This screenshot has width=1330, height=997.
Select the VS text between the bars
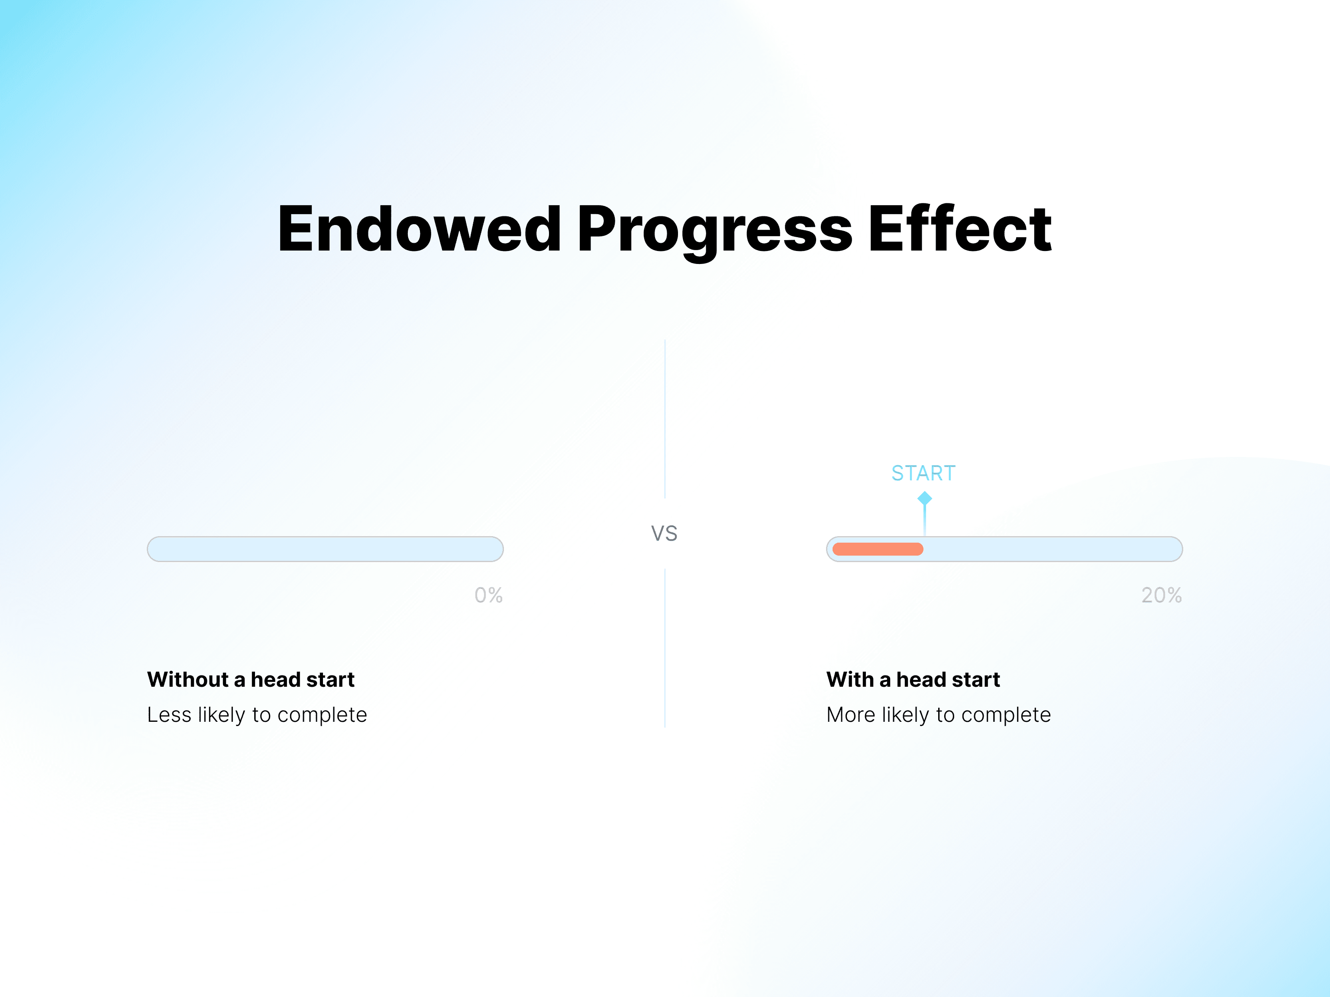point(665,534)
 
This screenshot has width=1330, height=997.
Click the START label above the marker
point(923,473)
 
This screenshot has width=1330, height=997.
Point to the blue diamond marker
point(925,498)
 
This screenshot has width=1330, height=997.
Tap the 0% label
point(488,595)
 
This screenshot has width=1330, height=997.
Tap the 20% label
point(1162,595)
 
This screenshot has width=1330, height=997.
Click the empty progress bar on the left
point(325,549)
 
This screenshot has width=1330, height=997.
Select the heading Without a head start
point(251,680)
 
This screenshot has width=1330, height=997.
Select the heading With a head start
point(913,680)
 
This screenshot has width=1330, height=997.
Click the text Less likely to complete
point(257,714)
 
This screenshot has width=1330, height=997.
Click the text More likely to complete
point(939,714)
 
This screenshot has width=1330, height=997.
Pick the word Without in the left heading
point(187,680)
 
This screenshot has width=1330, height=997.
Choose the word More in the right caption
point(851,714)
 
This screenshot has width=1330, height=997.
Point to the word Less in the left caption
point(169,714)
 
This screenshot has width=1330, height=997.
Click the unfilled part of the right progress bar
point(1052,549)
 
